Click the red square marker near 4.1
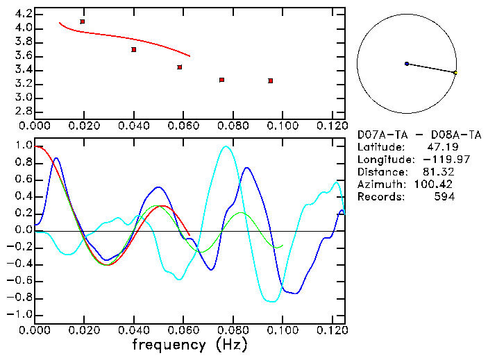pos(83,22)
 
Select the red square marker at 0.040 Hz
pos(134,49)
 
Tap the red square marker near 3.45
pos(180,67)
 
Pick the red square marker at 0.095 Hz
pos(270,80)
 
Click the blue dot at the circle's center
pos(406,64)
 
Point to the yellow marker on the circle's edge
pos(455,73)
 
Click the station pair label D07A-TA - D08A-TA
pos(419,135)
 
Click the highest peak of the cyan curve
pos(224,146)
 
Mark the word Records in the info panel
pos(379,197)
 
